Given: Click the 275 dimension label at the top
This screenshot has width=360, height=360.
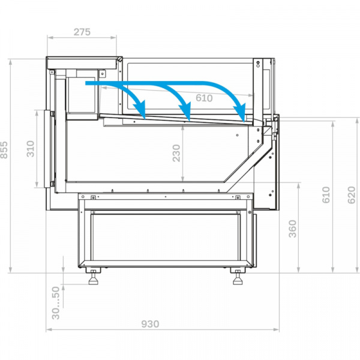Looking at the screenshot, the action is pos(82,32).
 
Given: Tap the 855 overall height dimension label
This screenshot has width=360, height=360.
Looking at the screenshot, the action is pos(4,150).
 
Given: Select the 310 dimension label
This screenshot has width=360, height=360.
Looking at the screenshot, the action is pos(31,149).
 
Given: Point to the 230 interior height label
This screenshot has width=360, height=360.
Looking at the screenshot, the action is pos(176,153).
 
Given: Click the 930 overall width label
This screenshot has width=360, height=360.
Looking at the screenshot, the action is pos(150,324).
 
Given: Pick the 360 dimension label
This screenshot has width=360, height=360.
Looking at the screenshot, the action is pos(293,229).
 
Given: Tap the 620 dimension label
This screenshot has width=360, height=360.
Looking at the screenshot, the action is pos(351,195).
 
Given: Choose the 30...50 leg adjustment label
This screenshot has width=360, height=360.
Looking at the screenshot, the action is pos(56,303).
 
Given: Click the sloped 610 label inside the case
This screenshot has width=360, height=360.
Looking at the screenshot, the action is pos(204,98).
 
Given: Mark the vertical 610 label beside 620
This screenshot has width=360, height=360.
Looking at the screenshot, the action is pos(326,195).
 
